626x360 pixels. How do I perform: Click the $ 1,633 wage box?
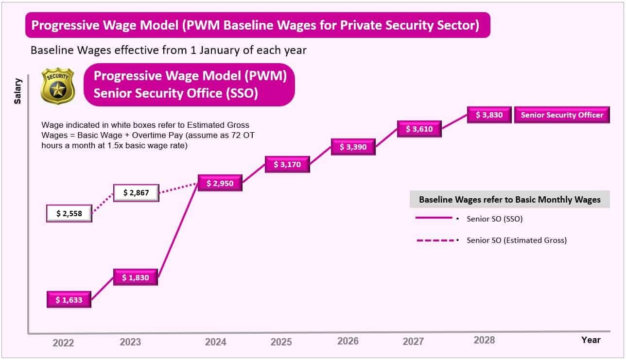(69, 300)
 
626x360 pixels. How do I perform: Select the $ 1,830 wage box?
(136, 277)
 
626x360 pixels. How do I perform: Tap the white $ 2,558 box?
(69, 213)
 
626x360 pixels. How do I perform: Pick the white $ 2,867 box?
(136, 192)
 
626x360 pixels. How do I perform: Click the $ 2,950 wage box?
(220, 183)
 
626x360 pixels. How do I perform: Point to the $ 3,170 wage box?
(287, 164)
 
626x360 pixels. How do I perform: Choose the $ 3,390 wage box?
(353, 147)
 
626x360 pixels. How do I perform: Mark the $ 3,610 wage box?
(419, 129)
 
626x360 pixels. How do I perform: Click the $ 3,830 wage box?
(489, 115)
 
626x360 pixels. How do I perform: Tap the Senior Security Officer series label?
(562, 115)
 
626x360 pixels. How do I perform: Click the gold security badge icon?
(57, 86)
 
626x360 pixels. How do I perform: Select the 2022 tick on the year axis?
(63, 343)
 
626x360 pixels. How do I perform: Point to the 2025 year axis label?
(281, 342)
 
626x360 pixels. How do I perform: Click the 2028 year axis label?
(484, 340)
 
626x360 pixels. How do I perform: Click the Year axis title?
(591, 340)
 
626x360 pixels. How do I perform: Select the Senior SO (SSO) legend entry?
(494, 219)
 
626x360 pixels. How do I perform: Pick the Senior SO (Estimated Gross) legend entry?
(516, 240)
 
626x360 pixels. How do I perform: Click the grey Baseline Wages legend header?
(509, 200)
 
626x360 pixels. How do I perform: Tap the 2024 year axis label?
(215, 342)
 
